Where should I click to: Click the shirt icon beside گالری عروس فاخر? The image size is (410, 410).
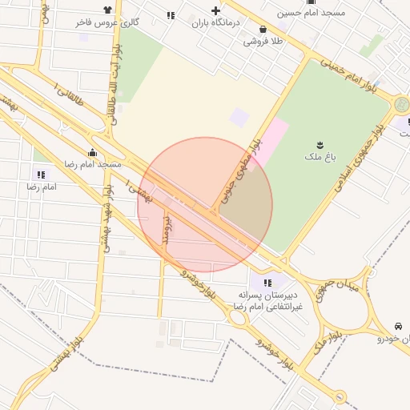(108, 10)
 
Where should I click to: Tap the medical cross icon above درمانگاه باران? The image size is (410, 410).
(215, 10)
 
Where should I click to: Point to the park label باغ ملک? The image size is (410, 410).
(319, 158)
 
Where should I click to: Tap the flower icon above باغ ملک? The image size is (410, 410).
(319, 145)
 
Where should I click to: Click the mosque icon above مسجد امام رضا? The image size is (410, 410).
(92, 152)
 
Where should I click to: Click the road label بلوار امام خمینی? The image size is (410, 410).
(347, 73)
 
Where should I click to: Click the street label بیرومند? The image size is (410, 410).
(166, 227)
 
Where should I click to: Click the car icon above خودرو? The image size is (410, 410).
(398, 327)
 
